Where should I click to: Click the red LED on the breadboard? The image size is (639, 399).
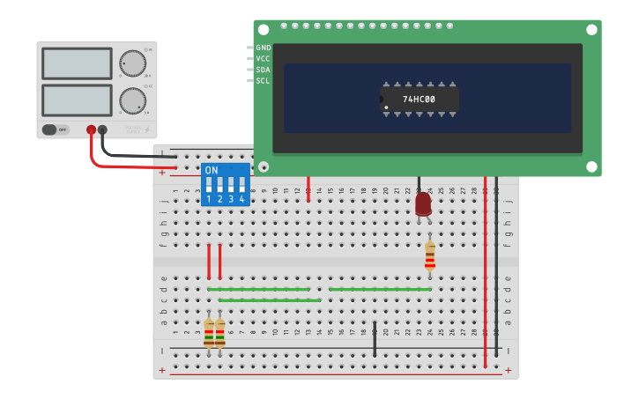423,203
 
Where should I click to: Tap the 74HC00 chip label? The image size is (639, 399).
419,100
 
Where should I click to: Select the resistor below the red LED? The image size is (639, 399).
429,255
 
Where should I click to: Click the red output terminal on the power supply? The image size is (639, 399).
91,129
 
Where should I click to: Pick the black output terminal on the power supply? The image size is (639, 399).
102,129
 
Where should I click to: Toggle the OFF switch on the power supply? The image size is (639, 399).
56,129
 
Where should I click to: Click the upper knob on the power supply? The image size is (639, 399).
132,63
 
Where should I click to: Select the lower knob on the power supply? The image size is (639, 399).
132,100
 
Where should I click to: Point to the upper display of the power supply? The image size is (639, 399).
77,63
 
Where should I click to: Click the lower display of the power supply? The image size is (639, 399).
77,100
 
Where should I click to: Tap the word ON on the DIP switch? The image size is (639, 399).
212,170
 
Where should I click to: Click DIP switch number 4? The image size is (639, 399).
241,187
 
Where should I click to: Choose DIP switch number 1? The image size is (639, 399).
209,187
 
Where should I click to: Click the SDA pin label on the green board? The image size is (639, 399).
263,70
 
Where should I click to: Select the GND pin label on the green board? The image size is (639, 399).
263,48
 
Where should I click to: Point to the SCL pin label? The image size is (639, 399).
263,81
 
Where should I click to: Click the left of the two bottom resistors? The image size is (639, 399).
209,332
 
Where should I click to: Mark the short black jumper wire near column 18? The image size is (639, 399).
375,339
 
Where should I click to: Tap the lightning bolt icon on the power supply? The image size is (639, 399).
147,129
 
